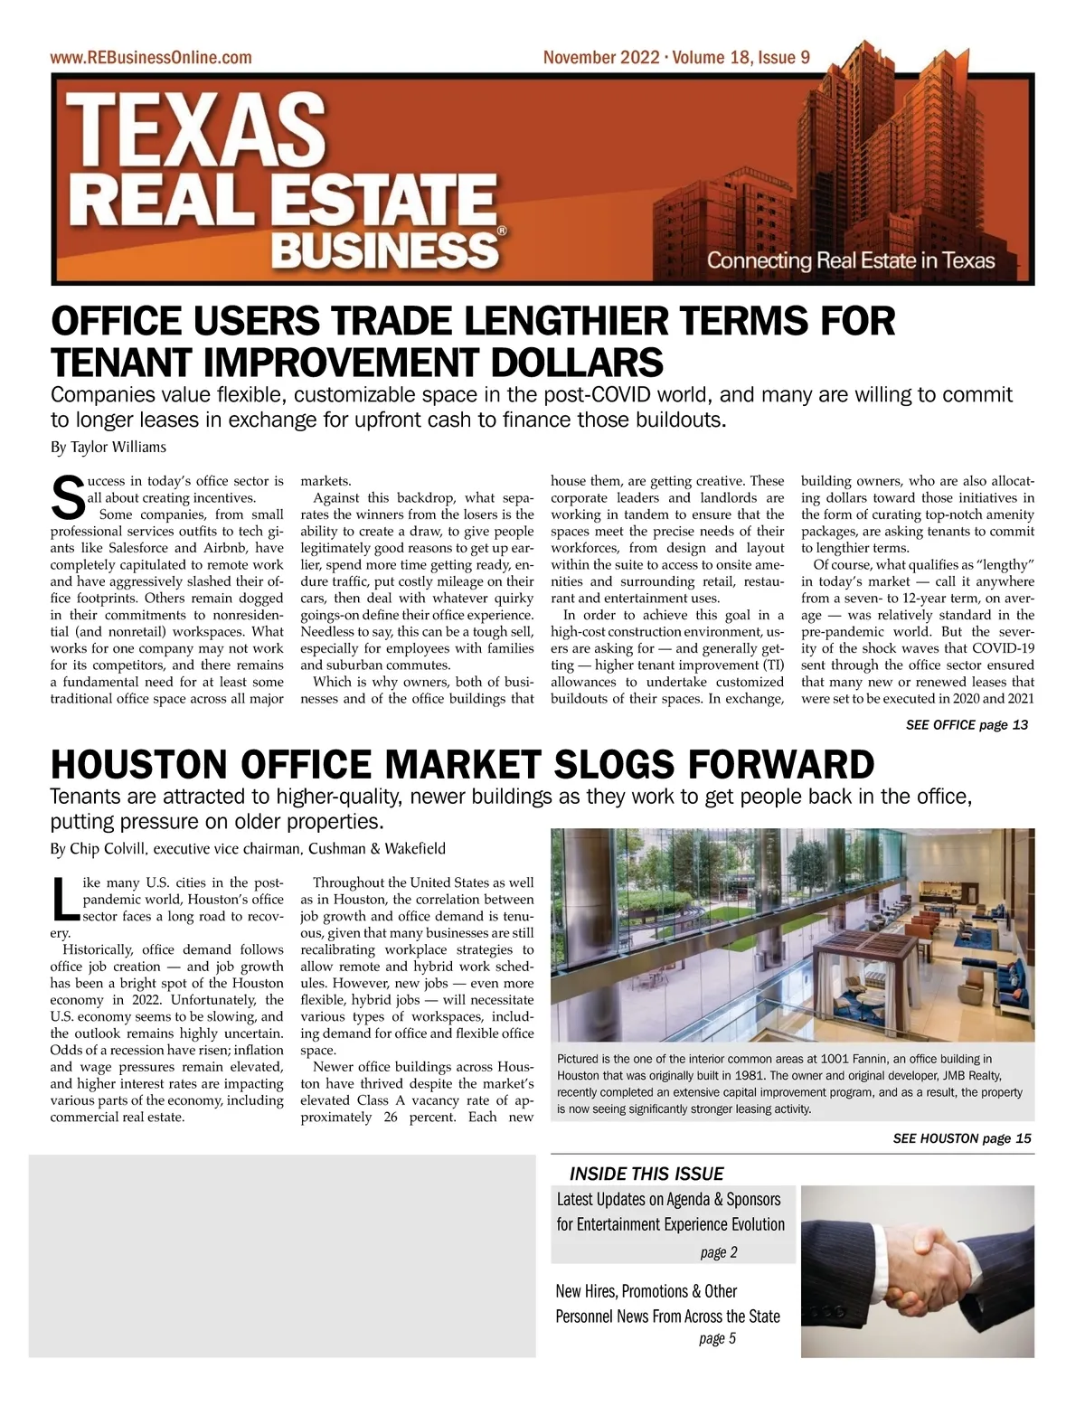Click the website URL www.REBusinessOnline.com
coord(151,58)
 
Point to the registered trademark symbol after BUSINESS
coord(503,231)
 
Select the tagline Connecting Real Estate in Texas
coord(850,261)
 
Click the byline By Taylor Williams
coord(108,447)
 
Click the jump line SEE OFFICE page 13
coord(966,724)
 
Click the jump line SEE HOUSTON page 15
coord(961,1138)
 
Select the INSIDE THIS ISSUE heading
coord(646,1174)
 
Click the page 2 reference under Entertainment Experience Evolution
coord(719,1252)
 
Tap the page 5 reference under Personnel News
coord(718,1339)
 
